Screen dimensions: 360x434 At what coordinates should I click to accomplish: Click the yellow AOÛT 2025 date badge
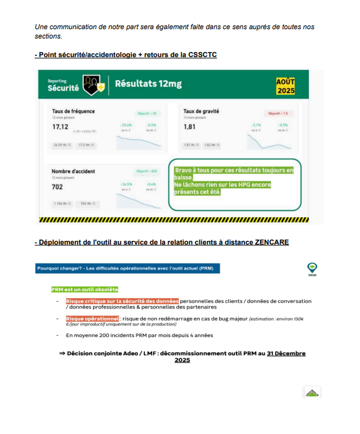pyautogui.click(x=286, y=86)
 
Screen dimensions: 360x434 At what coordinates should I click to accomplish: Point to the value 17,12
pyautogui.click(x=60, y=127)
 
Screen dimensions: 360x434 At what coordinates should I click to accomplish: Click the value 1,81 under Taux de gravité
pyautogui.click(x=189, y=127)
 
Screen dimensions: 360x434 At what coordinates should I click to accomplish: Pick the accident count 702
pyautogui.click(x=58, y=186)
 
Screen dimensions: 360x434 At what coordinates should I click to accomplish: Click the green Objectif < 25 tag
pyautogui.click(x=146, y=114)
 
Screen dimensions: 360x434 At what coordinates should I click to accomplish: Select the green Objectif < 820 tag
pyautogui.click(x=146, y=171)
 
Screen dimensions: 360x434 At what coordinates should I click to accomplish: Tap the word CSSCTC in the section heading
pyautogui.click(x=200, y=55)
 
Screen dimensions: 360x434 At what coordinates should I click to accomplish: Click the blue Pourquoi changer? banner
pyautogui.click(x=124, y=268)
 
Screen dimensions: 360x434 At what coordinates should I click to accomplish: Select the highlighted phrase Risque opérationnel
pyautogui.click(x=92, y=318)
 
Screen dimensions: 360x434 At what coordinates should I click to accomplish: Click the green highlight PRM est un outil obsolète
pyautogui.click(x=84, y=289)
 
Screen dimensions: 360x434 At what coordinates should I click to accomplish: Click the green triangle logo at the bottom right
pyautogui.click(x=312, y=393)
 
